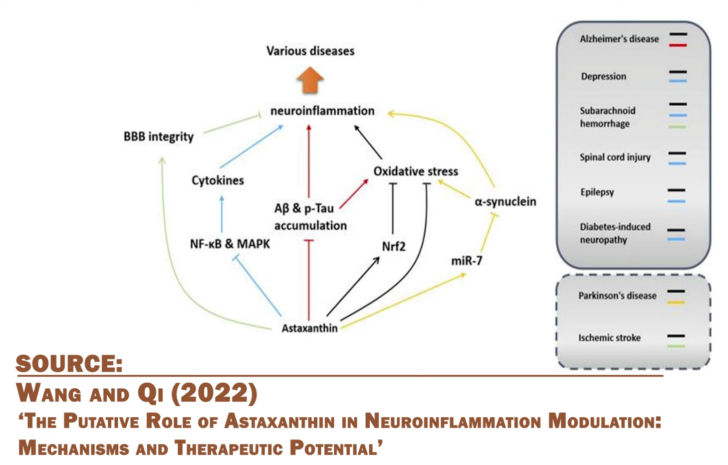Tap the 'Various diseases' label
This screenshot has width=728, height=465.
pos(310,51)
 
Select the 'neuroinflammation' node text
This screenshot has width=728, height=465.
pos(322,111)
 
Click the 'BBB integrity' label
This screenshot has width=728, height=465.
pos(158,137)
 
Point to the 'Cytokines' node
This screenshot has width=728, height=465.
pos(218,180)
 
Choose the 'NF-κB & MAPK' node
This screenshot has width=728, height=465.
pos(230,244)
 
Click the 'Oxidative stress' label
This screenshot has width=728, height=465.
pos(416,171)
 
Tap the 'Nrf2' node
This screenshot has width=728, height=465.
pos(394,247)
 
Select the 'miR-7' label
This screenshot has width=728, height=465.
pos(467,261)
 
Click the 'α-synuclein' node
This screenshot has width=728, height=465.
pos(505,202)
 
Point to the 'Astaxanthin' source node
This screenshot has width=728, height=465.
pos(309,328)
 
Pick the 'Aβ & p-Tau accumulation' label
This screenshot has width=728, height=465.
pos(310,217)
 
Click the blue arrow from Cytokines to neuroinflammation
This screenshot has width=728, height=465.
pos(251,147)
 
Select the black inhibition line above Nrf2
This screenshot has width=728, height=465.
pos(393,209)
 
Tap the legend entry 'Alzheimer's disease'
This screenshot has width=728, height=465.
pos(619,39)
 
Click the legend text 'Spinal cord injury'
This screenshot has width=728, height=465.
pos(615,157)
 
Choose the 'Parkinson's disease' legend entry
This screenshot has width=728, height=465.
pos(617,296)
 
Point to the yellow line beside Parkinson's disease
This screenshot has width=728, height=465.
pos(677,303)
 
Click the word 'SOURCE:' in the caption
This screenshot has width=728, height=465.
pos(69,364)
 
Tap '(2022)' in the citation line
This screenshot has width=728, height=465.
pos(215,393)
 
